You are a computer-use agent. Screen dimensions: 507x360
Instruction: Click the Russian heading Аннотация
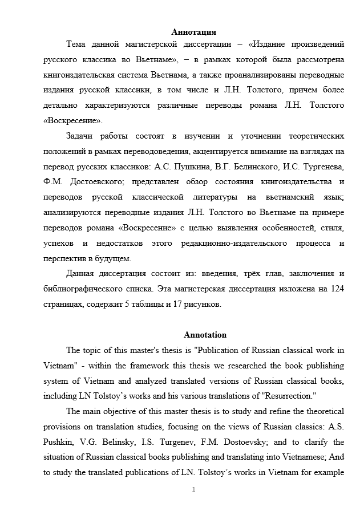[193, 32]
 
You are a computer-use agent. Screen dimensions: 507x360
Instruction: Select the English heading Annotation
[205, 335]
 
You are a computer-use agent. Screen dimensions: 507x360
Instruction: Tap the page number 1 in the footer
[194, 489]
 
